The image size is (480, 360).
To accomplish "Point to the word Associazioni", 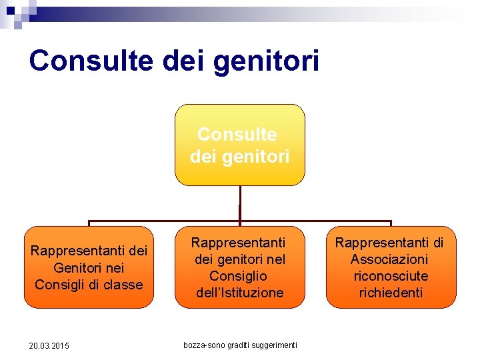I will coord(390,259).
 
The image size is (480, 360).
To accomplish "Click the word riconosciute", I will coord(391,276).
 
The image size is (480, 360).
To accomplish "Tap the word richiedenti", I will coord(391,293).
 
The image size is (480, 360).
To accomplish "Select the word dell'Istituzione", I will coord(239,293).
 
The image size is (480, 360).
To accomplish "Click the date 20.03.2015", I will coord(49,345).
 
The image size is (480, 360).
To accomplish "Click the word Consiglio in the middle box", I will coord(238,276).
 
